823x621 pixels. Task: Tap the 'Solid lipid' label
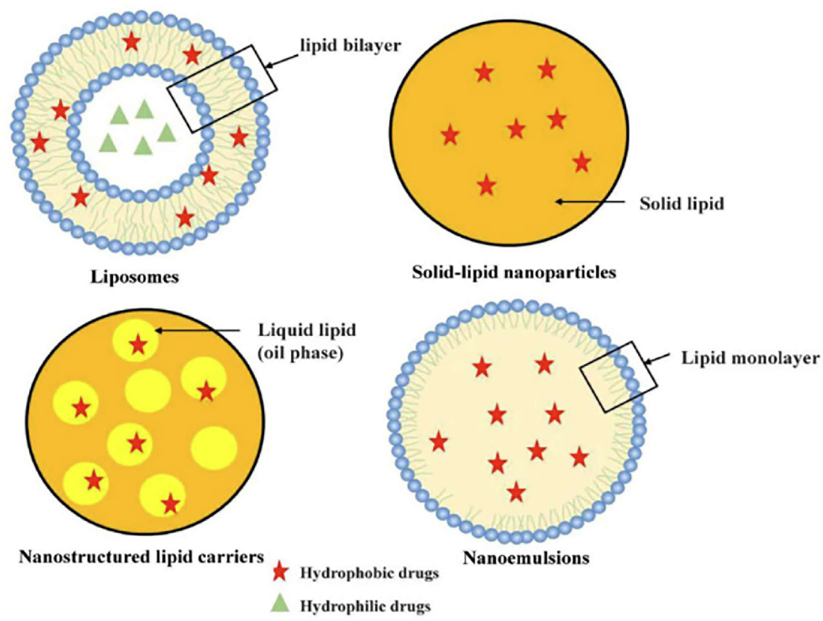pos(682,204)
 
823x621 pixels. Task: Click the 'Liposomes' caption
pos(135,277)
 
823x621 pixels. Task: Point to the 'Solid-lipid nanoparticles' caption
pos(514,273)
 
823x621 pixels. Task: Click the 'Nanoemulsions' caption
pos(526,558)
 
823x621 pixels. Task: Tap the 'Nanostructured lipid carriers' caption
pos(141,557)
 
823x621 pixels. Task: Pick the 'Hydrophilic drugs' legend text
pos(365,606)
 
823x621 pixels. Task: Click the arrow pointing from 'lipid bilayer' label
pos(283,61)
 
